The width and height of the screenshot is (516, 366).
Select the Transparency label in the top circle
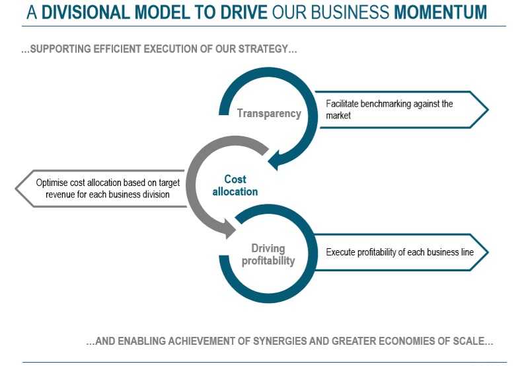(x=269, y=113)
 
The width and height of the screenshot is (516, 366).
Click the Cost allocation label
(x=235, y=185)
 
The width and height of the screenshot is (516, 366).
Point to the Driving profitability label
(x=268, y=254)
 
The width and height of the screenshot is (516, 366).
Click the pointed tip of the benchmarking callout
(x=488, y=109)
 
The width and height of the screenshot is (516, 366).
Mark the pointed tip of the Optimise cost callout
(x=16, y=189)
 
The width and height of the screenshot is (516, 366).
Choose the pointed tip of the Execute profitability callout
(x=488, y=252)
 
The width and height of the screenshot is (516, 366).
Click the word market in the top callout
(x=338, y=116)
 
